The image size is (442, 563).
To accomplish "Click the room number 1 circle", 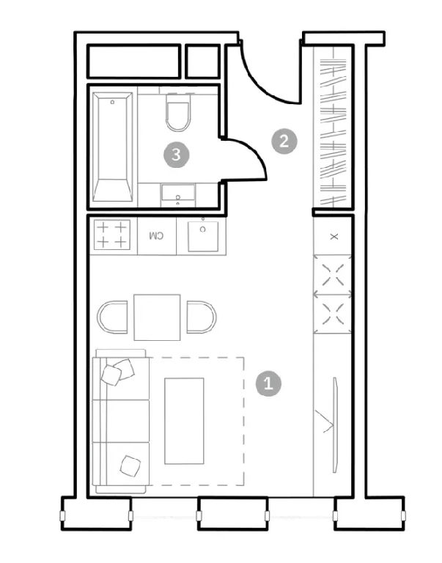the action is click(268, 384).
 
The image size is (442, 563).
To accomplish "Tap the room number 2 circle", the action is click(284, 141).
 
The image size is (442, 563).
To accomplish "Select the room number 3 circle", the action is click(177, 155).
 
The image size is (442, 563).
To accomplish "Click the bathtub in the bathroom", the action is click(112, 147).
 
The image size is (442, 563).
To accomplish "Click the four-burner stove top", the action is click(112, 235).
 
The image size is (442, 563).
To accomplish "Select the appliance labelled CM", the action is click(157, 236).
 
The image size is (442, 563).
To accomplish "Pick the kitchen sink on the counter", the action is click(203, 236).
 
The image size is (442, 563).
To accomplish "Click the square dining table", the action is click(157, 317).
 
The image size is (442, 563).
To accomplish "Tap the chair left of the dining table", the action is click(112, 317).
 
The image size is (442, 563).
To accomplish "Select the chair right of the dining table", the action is click(202, 317).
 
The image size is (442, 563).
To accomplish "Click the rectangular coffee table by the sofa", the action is click(184, 421).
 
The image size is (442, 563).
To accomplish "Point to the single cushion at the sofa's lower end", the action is click(130, 466).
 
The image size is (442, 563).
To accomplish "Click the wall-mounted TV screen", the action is click(336, 424).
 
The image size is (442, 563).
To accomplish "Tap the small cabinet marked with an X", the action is click(334, 236).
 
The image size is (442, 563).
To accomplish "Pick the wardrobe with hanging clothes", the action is click(333, 126).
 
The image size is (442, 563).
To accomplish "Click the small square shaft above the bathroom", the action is click(202, 62).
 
